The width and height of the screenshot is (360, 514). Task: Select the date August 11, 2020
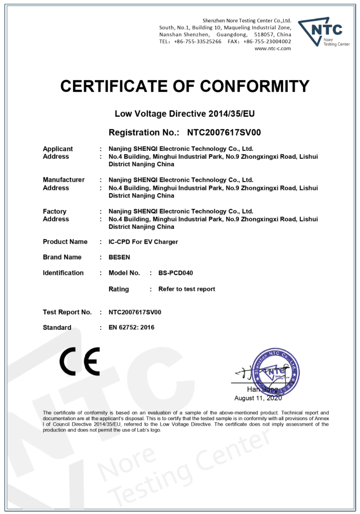point(258,398)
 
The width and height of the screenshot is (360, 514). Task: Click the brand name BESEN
point(119,257)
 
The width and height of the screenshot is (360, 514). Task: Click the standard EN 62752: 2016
point(131,328)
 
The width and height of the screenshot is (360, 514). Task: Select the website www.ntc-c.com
point(273,48)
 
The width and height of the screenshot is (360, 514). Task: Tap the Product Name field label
point(65,242)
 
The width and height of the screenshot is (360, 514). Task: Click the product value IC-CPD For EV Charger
point(143,242)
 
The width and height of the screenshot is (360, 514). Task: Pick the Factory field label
point(54,211)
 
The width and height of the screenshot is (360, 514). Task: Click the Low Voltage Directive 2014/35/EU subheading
point(185,114)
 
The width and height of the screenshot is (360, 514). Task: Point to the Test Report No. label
point(67,312)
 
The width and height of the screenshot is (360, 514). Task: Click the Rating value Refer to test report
point(187,289)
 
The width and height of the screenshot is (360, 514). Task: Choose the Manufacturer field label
point(64,180)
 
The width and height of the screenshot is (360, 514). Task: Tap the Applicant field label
point(58,149)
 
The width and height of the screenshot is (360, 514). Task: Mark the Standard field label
point(57,328)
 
